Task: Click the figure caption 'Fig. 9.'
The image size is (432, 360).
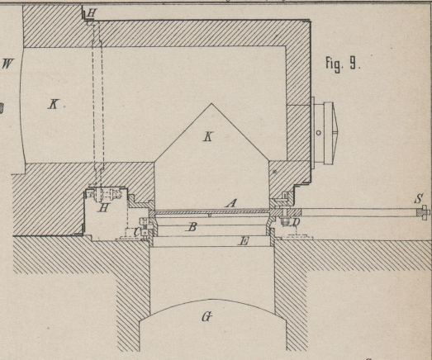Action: [343, 64]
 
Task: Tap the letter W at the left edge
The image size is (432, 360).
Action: [8, 64]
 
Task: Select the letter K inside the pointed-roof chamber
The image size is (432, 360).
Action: [208, 136]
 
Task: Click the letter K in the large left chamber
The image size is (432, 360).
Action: [53, 105]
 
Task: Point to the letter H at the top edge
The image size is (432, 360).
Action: [92, 12]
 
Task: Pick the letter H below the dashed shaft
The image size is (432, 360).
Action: [103, 207]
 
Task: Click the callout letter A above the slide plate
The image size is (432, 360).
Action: [231, 203]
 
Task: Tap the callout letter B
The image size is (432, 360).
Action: [192, 227]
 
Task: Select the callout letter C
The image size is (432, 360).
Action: [135, 232]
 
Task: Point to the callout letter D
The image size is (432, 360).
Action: [296, 222]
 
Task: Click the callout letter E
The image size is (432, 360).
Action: [244, 242]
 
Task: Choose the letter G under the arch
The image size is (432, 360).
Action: [207, 317]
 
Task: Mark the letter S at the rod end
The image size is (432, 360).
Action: [419, 198]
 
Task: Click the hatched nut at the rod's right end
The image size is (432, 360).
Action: [422, 212]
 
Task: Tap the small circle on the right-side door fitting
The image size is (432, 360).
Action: [319, 133]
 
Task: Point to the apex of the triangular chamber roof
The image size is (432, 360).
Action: [211, 103]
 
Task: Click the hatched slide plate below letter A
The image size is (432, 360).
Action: [211, 211]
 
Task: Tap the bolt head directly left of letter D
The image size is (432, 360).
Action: [284, 221]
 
